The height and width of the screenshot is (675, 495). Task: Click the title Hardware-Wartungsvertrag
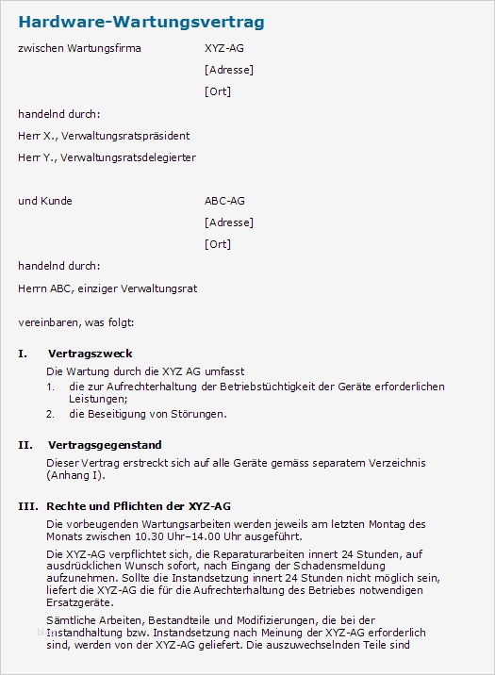pyautogui.click(x=141, y=22)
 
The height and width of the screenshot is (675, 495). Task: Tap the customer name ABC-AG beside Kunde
pyautogui.click(x=224, y=201)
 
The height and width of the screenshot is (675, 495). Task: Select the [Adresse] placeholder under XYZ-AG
pyautogui.click(x=228, y=70)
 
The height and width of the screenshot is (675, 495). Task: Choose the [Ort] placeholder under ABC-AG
pyautogui.click(x=217, y=244)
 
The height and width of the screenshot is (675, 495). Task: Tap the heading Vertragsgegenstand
pyautogui.click(x=104, y=445)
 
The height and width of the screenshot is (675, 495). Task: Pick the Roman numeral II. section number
pyautogui.click(x=25, y=445)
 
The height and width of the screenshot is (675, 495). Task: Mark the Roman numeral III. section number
pyautogui.click(x=27, y=506)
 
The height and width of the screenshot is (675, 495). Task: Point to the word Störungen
pyautogui.click(x=201, y=413)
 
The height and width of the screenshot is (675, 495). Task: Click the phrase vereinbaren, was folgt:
pyautogui.click(x=76, y=323)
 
